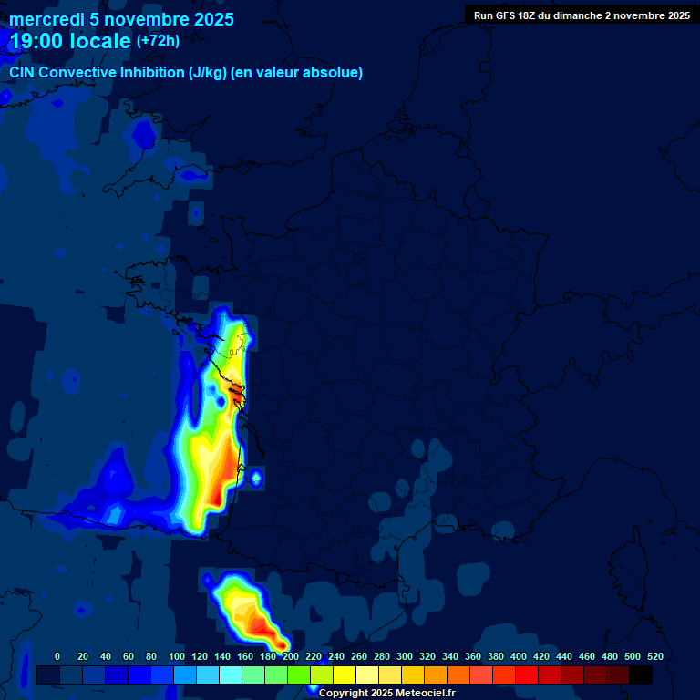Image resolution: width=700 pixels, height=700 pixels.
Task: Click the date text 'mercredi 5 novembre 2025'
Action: tap(121, 19)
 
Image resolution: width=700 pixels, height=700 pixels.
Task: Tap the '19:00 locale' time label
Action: tap(70, 41)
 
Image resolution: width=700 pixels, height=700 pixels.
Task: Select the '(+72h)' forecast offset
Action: tap(158, 41)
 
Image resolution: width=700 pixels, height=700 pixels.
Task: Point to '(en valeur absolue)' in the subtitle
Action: tap(297, 73)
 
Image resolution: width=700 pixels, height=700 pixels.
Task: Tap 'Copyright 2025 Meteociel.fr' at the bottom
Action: tap(386, 694)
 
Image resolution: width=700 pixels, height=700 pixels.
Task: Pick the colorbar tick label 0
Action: tap(57, 656)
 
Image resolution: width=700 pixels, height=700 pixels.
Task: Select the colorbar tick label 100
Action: tap(177, 656)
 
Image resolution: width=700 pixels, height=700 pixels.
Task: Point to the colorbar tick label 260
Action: tap(359, 656)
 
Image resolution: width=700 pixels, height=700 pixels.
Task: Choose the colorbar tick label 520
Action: tap(654, 656)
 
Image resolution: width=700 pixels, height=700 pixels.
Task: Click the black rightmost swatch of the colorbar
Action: tap(641, 675)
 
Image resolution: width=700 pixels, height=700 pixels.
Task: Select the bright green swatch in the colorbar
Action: tap(299, 675)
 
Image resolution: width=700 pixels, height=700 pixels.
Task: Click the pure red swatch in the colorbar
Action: tap(527, 675)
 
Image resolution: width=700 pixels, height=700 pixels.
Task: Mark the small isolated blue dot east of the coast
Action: tap(256, 477)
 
